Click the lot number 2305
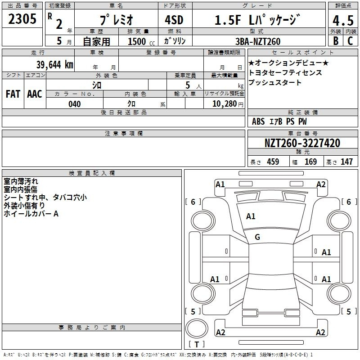pyautogui.click(x=22, y=19)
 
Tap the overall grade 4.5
pyautogui.click(x=343, y=20)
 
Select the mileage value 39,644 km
pyautogui.click(x=54, y=65)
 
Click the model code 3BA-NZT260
pyautogui.click(x=258, y=41)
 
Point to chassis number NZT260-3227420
pyautogui.click(x=302, y=143)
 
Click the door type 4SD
pyautogui.click(x=174, y=20)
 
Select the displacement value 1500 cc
pyautogui.click(x=141, y=41)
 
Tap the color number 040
pyautogui.click(x=75, y=104)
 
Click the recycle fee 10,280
pyautogui.click(x=225, y=104)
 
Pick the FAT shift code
pyautogui.click(x=13, y=94)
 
